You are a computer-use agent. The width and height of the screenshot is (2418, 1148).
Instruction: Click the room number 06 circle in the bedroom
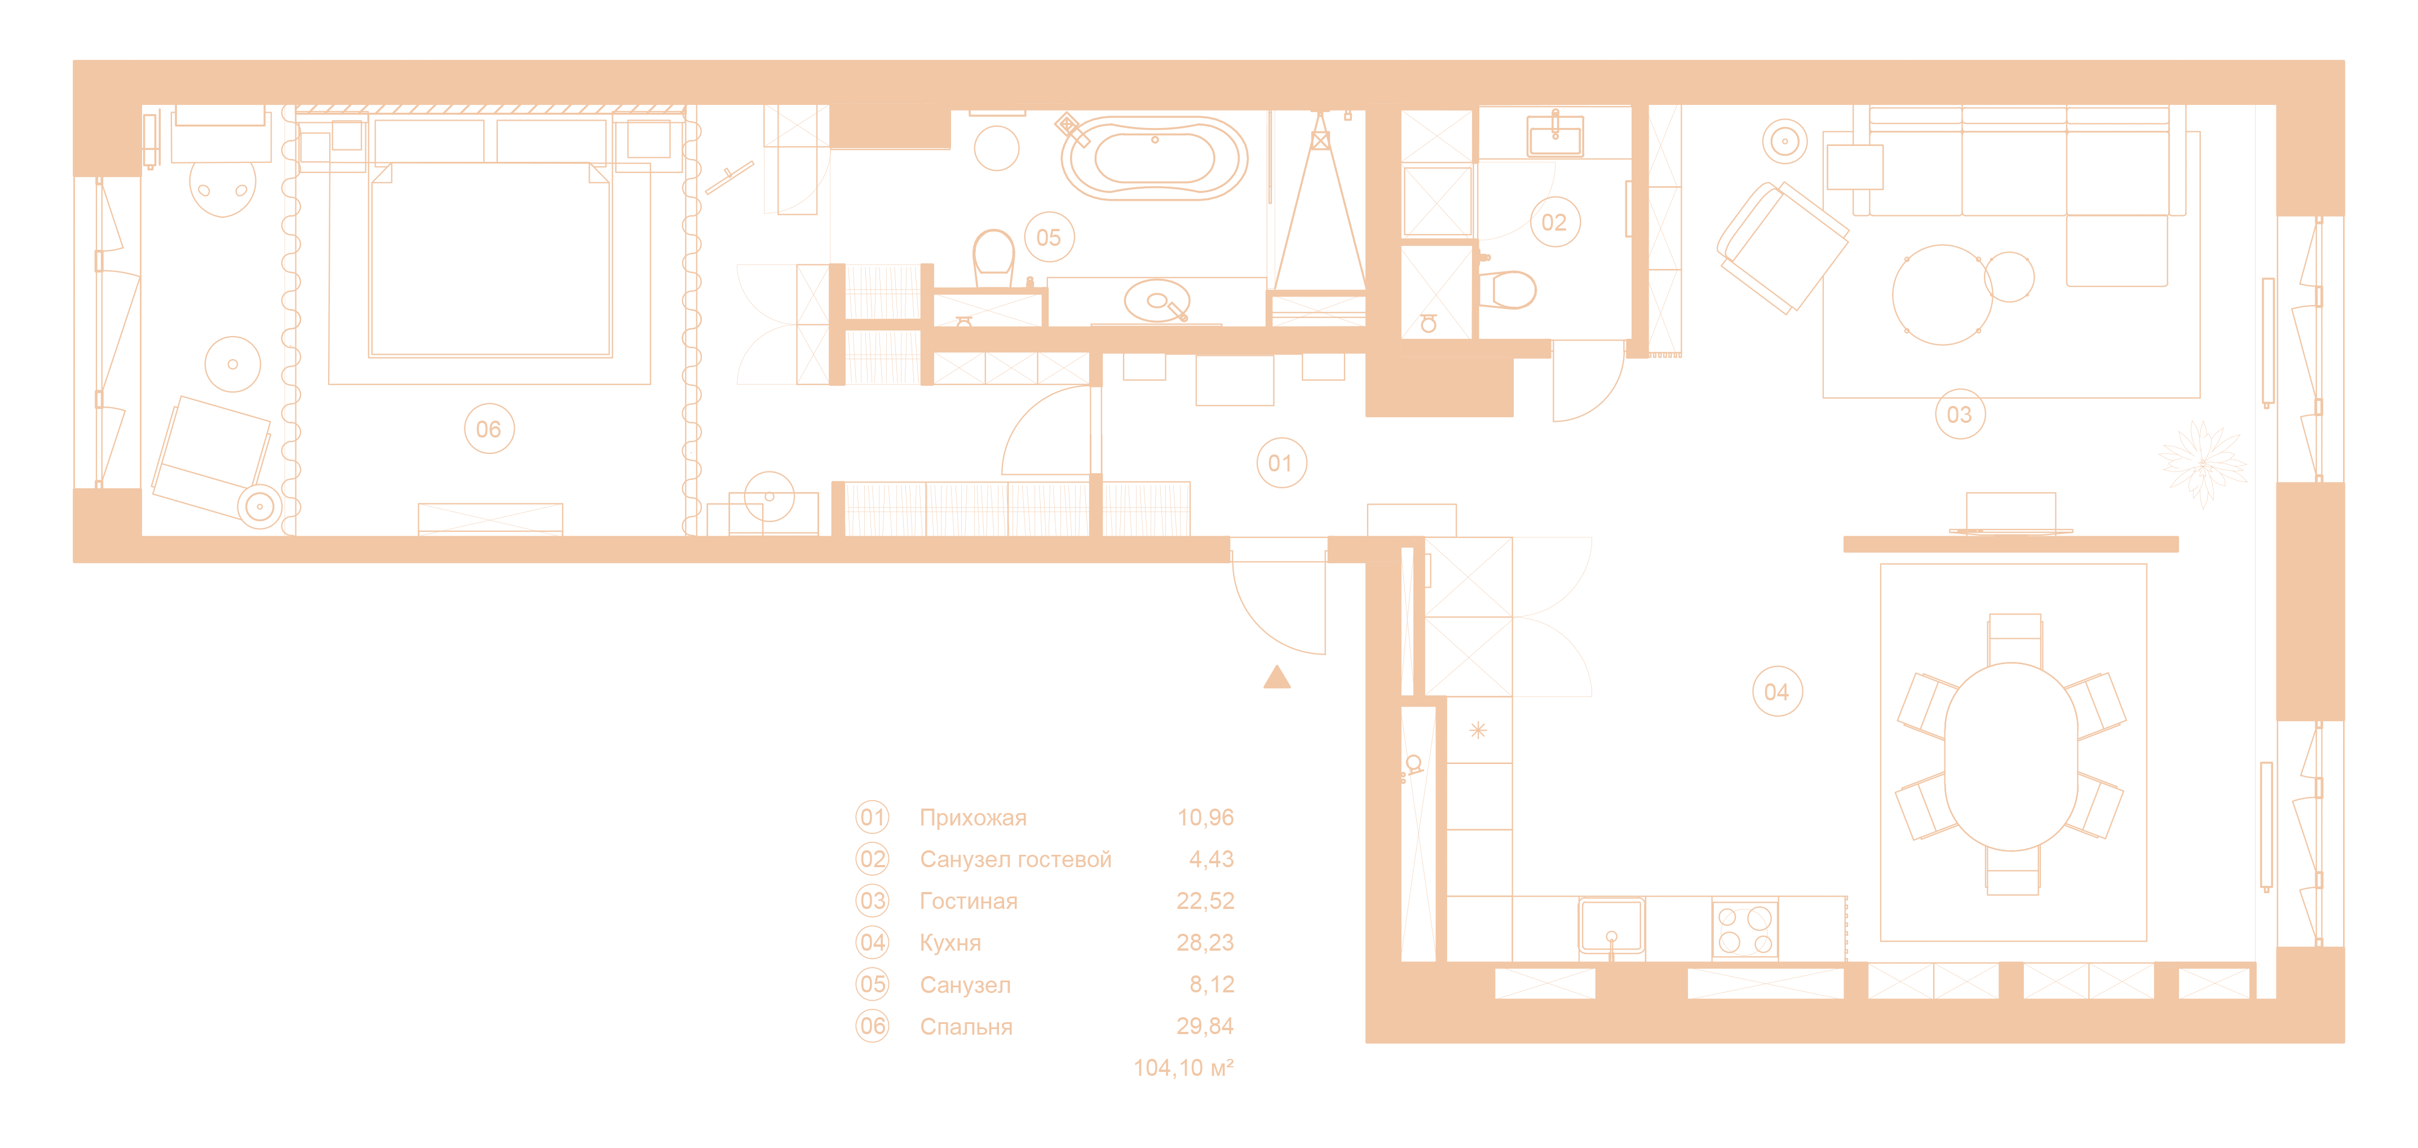pyautogui.click(x=488, y=429)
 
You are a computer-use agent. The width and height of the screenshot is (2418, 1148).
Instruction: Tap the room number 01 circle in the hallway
pyautogui.click(x=1279, y=463)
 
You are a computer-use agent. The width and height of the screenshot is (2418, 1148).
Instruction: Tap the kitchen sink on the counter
pyautogui.click(x=1611, y=928)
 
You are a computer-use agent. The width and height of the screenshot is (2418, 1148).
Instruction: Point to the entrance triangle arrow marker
pyautogui.click(x=1276, y=678)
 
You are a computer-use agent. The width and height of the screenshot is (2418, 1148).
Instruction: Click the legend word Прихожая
pyautogui.click(x=972, y=818)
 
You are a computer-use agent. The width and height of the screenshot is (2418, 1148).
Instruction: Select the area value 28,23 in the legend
pyautogui.click(x=1205, y=942)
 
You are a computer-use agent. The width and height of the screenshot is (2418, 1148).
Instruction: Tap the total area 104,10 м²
pyautogui.click(x=1183, y=1068)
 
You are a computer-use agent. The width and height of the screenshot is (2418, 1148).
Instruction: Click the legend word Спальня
pyautogui.click(x=966, y=1027)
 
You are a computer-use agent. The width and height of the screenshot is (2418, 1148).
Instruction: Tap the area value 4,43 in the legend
pyautogui.click(x=1211, y=859)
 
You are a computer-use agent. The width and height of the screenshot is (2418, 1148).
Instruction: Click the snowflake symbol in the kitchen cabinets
pyautogui.click(x=1478, y=730)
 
